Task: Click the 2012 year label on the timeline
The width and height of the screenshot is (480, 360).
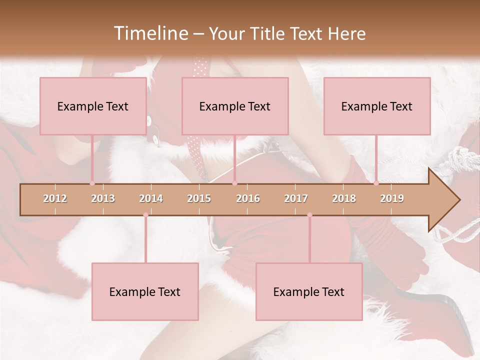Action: coord(55,198)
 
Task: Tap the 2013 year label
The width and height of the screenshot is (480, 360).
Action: coord(103,198)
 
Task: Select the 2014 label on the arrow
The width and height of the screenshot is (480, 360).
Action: coord(151,198)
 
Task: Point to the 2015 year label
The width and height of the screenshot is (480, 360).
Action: coord(199,198)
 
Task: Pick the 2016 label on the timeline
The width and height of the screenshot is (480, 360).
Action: coord(248,198)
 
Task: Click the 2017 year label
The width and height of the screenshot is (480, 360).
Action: coord(296,198)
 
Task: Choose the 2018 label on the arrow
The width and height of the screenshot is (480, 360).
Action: coord(344,198)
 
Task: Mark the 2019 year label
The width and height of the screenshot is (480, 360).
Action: coord(392,198)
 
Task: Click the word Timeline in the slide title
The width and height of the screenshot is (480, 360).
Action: coord(149,33)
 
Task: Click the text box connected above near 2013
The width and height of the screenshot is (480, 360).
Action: coord(93,106)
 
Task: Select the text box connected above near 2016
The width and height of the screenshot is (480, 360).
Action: coord(235,106)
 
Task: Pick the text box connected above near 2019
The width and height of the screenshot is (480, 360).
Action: coord(377,106)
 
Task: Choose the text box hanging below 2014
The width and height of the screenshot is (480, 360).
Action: coord(145,291)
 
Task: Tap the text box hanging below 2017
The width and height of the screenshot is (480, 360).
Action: coord(309,291)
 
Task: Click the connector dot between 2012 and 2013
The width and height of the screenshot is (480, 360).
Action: coord(92,183)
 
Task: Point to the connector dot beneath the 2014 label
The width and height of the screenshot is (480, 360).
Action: coord(145,215)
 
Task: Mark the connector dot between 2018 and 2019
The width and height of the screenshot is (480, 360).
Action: coord(376,183)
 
